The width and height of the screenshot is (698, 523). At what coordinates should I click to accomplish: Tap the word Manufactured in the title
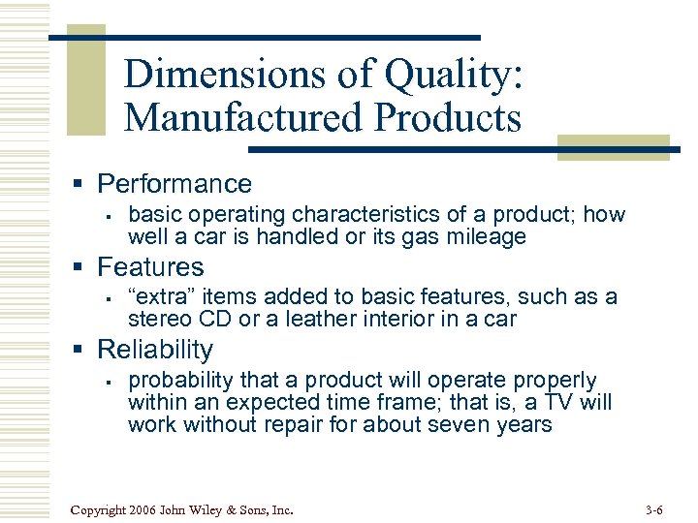(x=241, y=118)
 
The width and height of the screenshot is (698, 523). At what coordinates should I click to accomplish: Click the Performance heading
(x=174, y=184)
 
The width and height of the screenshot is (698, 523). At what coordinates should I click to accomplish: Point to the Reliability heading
(x=155, y=350)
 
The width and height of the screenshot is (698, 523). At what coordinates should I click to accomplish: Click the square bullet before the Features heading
(x=84, y=267)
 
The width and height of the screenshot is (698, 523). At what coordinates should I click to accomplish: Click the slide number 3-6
(x=653, y=509)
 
